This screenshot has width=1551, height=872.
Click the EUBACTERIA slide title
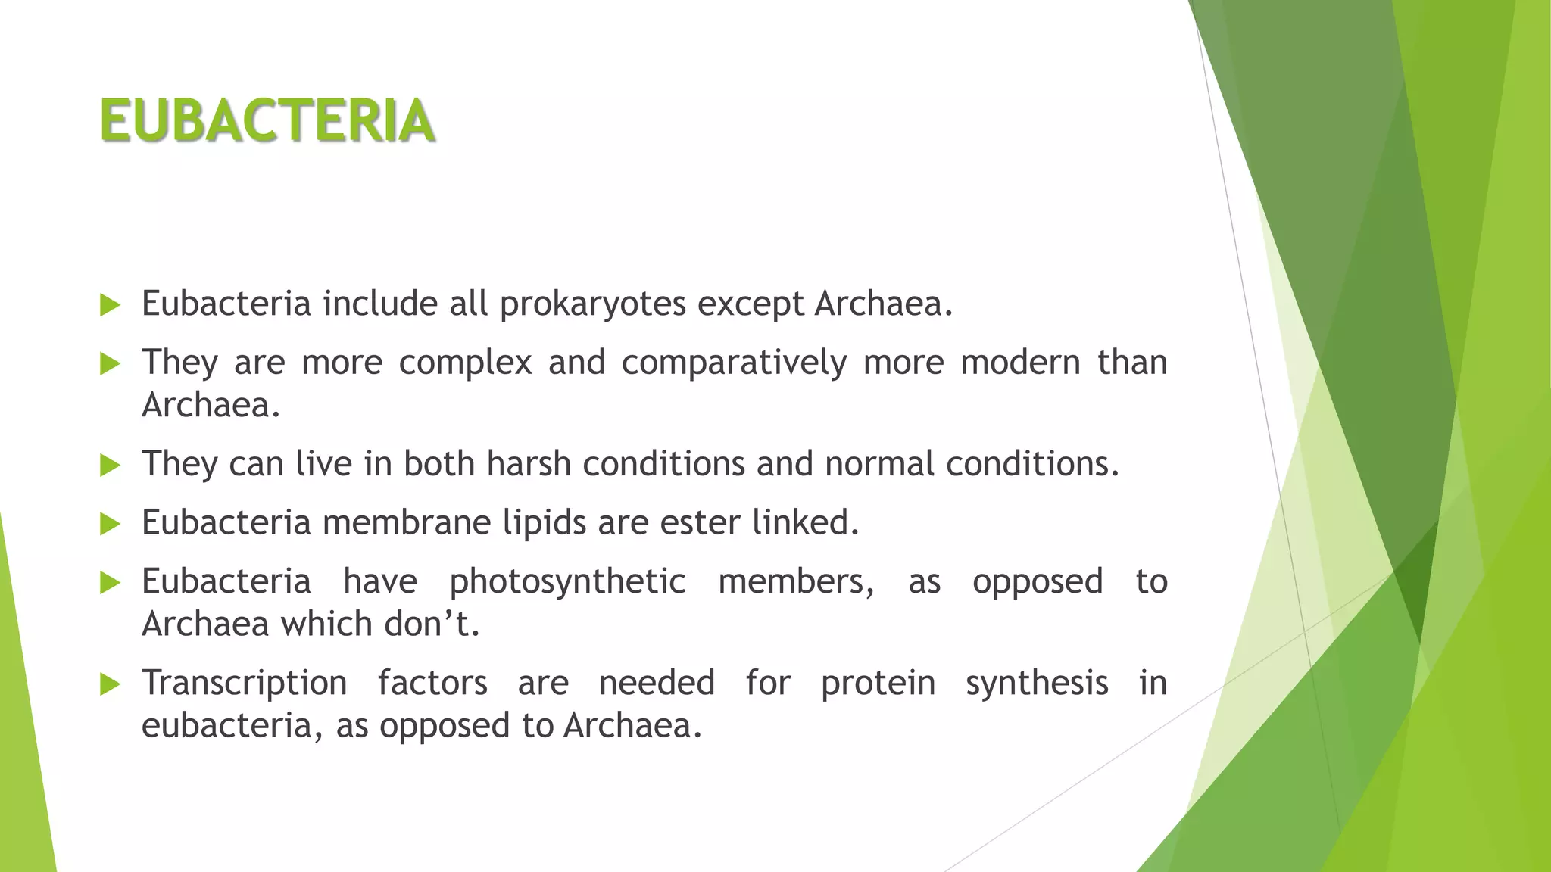267,121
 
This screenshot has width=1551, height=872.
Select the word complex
465,363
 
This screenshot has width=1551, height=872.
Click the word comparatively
733,363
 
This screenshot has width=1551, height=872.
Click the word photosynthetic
567,582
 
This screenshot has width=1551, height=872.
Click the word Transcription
244,684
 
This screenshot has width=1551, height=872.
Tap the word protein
878,684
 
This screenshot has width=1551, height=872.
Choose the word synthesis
1037,684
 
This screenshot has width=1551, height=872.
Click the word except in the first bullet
750,304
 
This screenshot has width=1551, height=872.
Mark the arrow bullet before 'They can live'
110,465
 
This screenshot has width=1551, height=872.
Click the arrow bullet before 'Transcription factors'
110,685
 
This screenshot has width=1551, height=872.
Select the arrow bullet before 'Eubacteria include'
110,305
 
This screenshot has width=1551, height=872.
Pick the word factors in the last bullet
432,684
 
